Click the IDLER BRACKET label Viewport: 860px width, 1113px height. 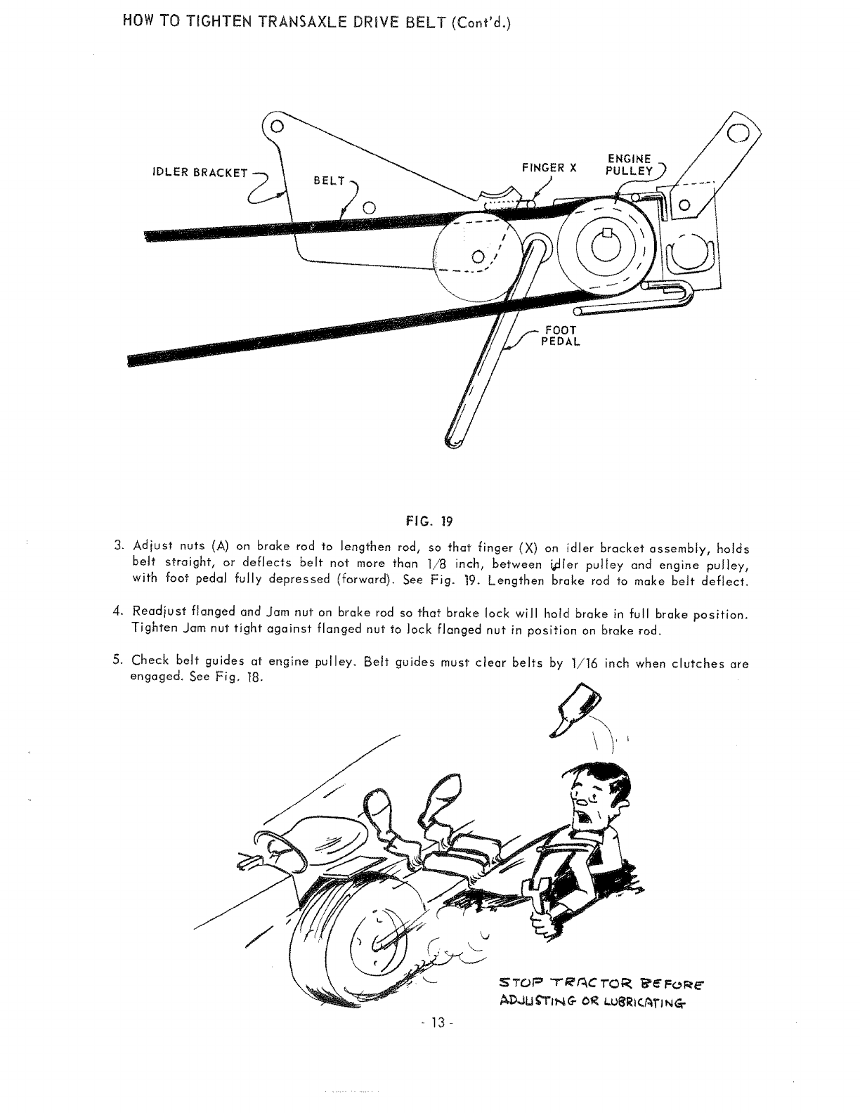(x=200, y=173)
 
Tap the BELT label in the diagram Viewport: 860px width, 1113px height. (x=330, y=181)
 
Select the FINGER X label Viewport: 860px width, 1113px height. (x=549, y=168)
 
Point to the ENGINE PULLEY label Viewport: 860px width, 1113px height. (x=630, y=165)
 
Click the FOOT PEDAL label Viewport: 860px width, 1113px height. (x=559, y=336)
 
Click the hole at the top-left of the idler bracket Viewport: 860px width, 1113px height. (x=277, y=127)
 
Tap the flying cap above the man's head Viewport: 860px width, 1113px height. (x=577, y=711)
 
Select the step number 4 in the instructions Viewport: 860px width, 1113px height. (x=117, y=613)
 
